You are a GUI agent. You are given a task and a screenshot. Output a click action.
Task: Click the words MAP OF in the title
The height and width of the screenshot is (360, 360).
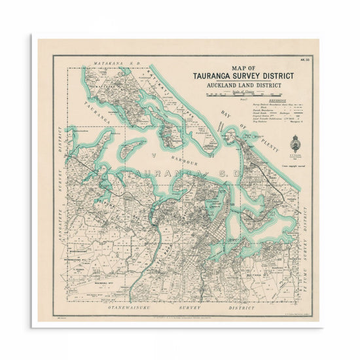pos(243,67)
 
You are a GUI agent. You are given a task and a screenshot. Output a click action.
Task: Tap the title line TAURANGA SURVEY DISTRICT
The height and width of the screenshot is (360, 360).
pos(243,76)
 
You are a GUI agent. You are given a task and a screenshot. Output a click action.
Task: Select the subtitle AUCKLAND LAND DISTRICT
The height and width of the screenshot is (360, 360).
pos(243,86)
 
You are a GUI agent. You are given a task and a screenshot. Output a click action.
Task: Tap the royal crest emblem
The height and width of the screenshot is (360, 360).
pos(295,141)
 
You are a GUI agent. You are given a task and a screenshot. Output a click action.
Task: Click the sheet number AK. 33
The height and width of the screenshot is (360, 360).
pos(304,62)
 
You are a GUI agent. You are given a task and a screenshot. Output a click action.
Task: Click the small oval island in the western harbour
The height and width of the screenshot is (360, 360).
pos(132,145)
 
